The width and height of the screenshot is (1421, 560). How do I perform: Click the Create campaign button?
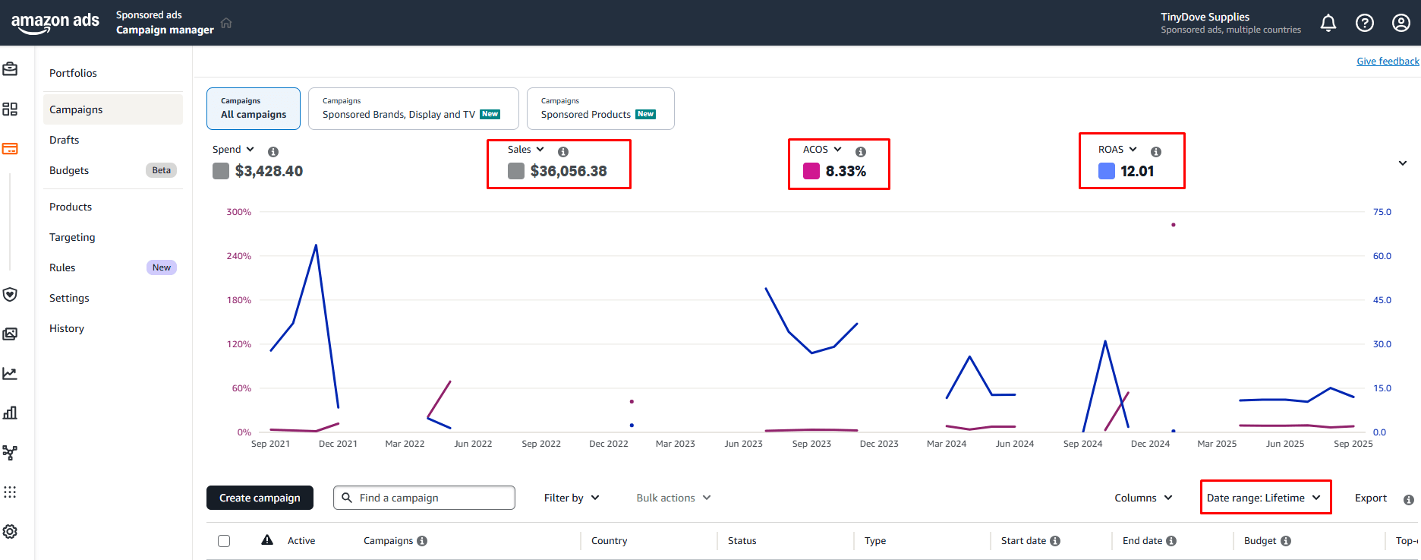[260, 498]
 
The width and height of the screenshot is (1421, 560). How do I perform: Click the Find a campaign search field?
[424, 498]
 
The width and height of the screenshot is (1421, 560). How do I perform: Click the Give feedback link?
[1388, 62]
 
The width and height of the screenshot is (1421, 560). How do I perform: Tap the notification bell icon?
[1328, 23]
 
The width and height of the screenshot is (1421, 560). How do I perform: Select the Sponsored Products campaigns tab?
[600, 109]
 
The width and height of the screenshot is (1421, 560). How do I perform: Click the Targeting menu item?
[72, 237]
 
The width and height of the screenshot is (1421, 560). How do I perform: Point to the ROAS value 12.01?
[1137, 171]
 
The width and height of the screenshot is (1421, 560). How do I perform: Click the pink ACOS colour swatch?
[811, 171]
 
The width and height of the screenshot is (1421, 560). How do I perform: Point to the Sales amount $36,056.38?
[569, 171]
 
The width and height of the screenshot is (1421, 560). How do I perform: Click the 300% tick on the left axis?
[238, 212]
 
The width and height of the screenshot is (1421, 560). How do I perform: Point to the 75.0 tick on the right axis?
[1382, 212]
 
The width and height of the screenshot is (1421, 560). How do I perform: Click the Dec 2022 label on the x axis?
[609, 444]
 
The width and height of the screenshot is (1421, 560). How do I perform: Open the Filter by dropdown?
[572, 498]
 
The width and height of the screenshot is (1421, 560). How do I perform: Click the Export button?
[1371, 498]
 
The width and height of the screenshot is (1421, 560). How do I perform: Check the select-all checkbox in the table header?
[224, 541]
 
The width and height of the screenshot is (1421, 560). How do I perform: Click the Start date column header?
[1023, 541]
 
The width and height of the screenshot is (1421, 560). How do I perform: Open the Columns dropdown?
[1143, 498]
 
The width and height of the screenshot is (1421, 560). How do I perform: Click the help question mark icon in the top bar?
[1365, 23]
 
